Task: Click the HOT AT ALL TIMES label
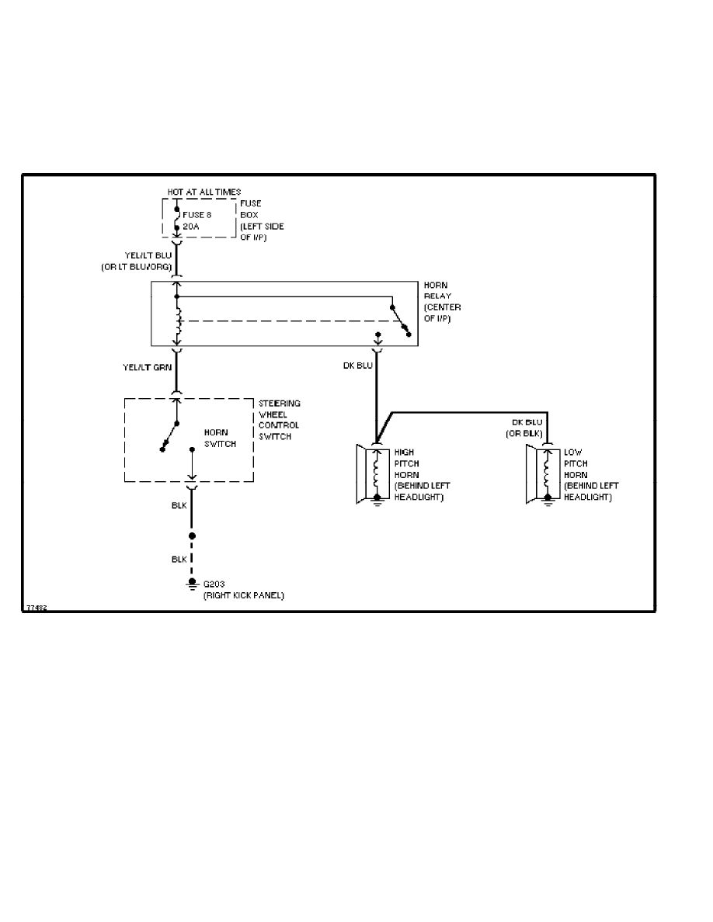coord(203,192)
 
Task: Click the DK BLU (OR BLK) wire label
coord(527,428)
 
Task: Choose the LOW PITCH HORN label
coord(591,474)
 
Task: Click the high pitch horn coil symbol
coord(377,470)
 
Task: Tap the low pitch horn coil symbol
coord(548,470)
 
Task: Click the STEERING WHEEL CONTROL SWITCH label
coord(280,420)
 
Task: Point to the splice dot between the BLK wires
coord(192,536)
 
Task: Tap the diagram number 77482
coord(36,608)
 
